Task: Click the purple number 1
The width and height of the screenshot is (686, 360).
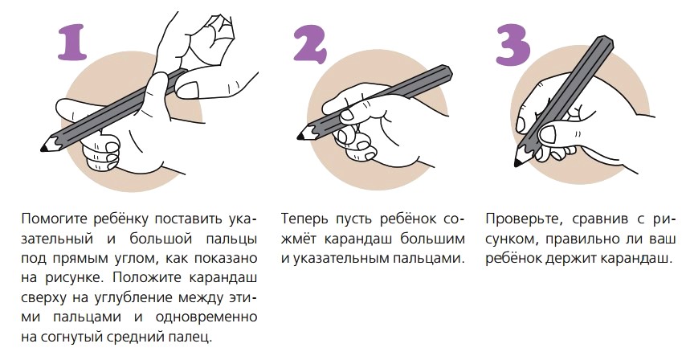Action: (73, 43)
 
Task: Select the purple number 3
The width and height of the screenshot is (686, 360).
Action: (512, 45)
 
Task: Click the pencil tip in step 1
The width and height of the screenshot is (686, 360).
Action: (44, 149)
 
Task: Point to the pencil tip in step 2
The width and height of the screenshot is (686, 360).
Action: (300, 137)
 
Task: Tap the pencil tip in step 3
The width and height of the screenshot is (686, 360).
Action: (517, 163)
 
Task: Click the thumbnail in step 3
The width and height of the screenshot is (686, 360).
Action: (547, 134)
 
